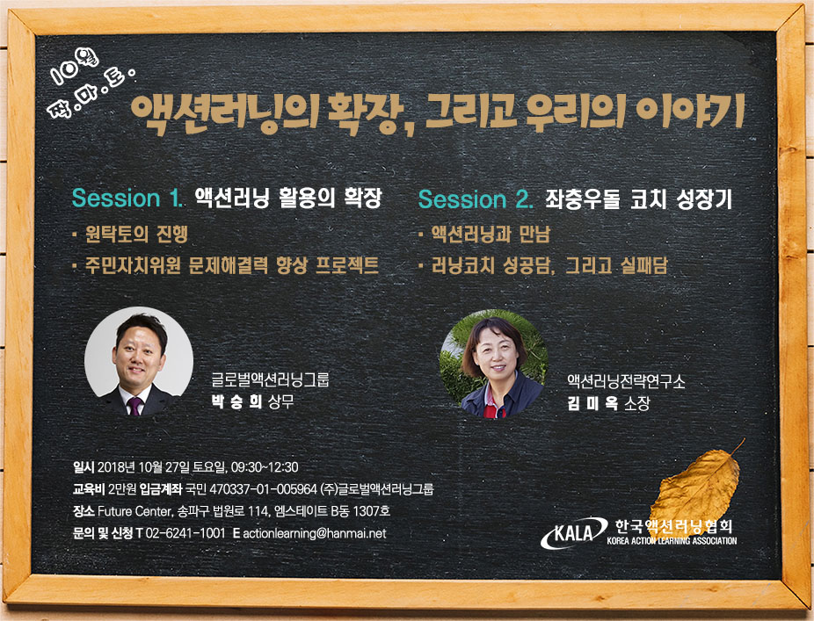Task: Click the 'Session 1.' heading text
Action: pos(127,198)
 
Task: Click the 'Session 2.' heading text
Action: pos(476,199)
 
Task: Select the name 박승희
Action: pos(236,401)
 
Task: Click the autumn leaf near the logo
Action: pos(697,485)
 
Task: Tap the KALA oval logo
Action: pos(574,533)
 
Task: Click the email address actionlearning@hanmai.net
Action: pos(315,533)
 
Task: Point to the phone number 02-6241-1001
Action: pos(185,533)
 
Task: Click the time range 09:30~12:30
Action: pos(265,467)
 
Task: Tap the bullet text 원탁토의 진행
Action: pos(136,235)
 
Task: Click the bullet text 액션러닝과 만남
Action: pos(491,235)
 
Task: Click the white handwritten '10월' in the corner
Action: pos(75,67)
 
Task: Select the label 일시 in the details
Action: pos(84,467)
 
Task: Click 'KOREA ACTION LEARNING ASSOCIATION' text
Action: pos(672,541)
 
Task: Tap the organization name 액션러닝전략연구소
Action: pos(626,381)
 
